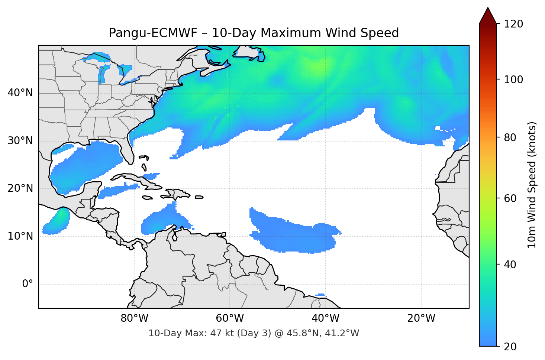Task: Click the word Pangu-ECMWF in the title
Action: pyautogui.click(x=153, y=33)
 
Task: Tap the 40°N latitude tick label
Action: pyautogui.click(x=20, y=93)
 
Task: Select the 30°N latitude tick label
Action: pyautogui.click(x=20, y=141)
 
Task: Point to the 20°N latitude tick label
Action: pyautogui.click(x=20, y=188)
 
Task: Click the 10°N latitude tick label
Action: pyautogui.click(x=20, y=236)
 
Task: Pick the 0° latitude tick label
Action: pyautogui.click(x=28, y=284)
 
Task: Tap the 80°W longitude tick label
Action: pyautogui.click(x=134, y=318)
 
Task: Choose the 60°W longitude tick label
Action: pyautogui.click(x=230, y=318)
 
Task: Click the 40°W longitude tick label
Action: pyautogui.click(x=325, y=318)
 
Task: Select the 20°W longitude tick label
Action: pyautogui.click(x=421, y=318)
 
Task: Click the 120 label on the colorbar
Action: pyautogui.click(x=513, y=24)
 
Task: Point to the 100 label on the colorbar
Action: pyautogui.click(x=513, y=80)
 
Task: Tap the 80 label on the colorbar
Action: pyautogui.click(x=510, y=137)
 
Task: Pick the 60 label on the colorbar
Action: pyautogui.click(x=510, y=198)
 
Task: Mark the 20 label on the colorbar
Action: pyautogui.click(x=510, y=347)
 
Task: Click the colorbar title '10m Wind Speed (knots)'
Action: pyautogui.click(x=532, y=185)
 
